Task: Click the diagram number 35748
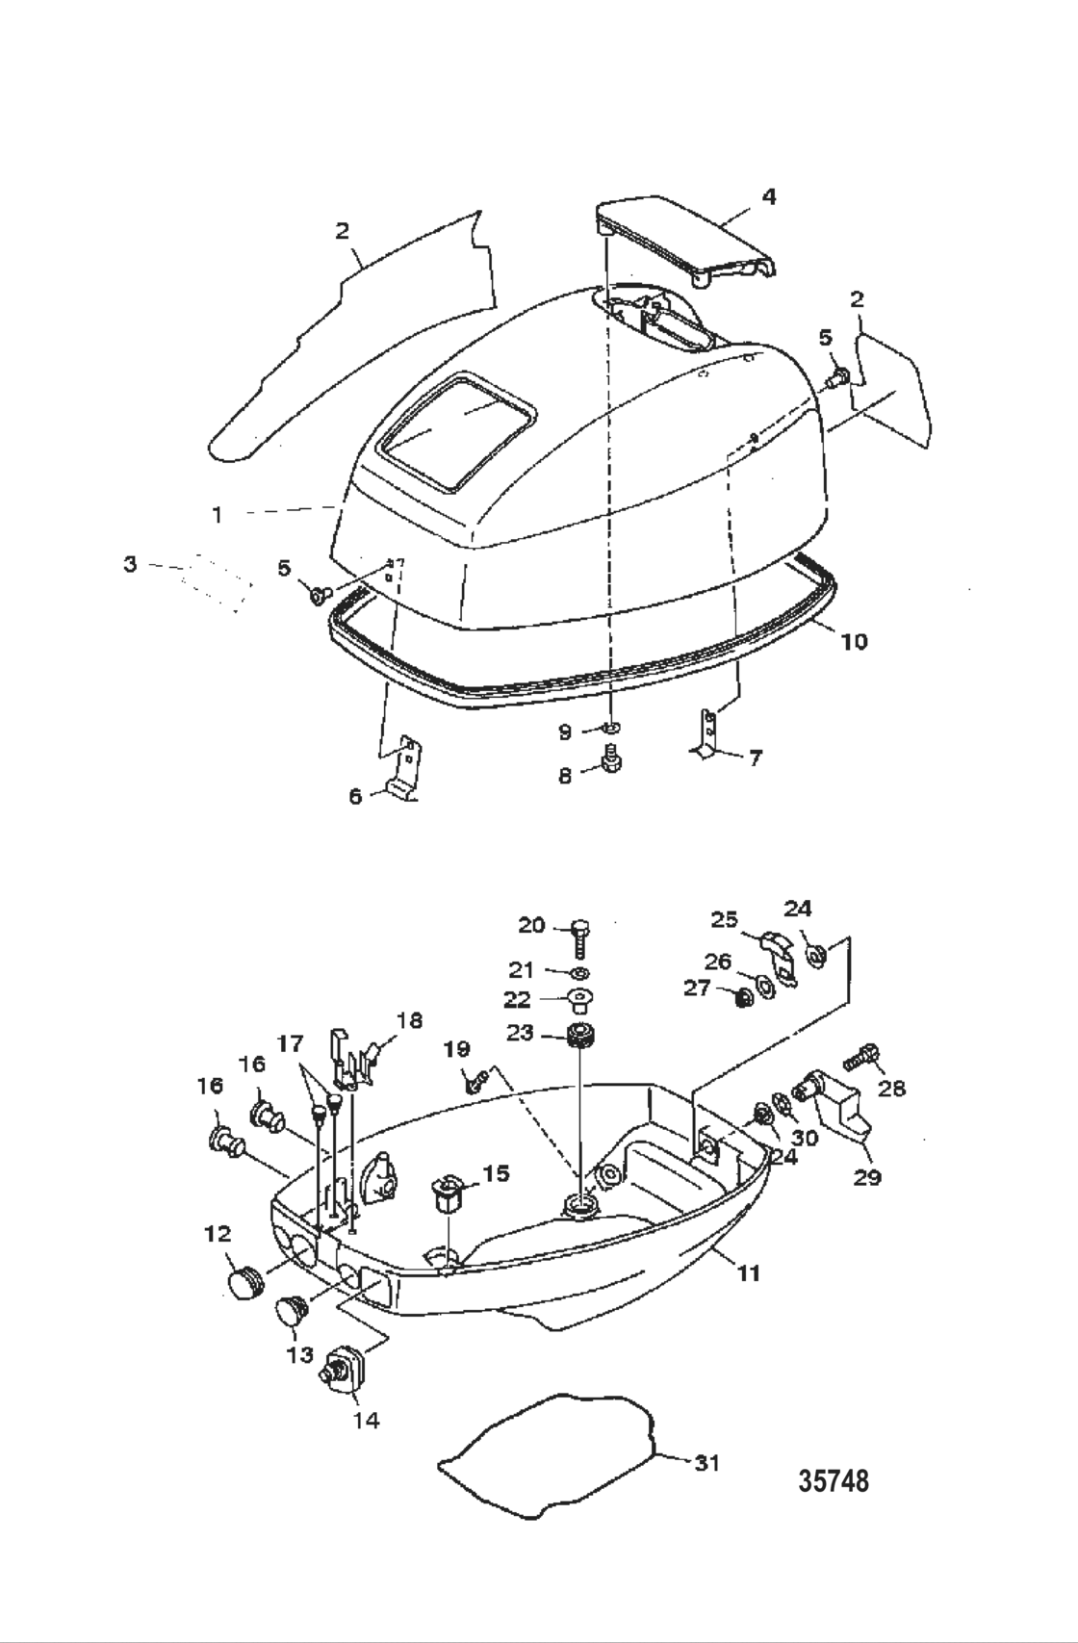pos(834,1480)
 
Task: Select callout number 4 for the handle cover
pos(768,196)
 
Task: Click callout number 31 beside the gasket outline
pos(707,1463)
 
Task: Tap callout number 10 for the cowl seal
pos(854,641)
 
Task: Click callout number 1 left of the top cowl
pos(218,515)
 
